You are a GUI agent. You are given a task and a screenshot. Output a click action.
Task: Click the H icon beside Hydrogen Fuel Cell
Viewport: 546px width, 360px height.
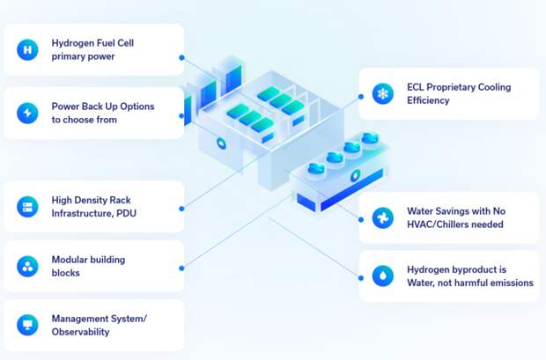[x=27, y=50]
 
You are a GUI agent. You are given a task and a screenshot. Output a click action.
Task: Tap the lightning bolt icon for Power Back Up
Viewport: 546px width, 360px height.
[x=27, y=113]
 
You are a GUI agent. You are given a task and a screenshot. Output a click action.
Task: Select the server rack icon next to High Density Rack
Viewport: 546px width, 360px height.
[x=27, y=207]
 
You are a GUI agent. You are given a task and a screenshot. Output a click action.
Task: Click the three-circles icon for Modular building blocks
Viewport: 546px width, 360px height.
[x=27, y=267]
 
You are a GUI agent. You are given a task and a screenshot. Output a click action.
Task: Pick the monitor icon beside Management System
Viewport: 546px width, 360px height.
[x=27, y=325]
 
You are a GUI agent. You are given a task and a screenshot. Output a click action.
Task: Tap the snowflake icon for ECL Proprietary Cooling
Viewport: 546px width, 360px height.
[x=383, y=93]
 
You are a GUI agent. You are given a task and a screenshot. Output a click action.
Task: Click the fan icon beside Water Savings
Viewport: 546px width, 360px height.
[x=383, y=217]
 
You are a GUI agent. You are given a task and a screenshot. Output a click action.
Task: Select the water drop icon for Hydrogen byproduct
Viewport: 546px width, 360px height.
[x=383, y=276]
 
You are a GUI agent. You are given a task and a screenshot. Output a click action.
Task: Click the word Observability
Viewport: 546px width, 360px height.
[x=80, y=332]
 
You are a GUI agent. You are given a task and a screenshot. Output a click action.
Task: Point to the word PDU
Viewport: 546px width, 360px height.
[x=126, y=213]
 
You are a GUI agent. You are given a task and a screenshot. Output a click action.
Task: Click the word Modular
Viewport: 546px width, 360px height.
[x=70, y=260]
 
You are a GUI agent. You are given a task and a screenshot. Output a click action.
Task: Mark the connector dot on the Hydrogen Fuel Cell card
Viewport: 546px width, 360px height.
[x=181, y=58]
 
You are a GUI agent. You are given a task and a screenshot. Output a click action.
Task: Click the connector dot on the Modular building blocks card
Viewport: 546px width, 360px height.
[x=181, y=268]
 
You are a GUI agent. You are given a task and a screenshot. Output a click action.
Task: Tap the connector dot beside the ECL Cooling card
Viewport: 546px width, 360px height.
[x=361, y=97]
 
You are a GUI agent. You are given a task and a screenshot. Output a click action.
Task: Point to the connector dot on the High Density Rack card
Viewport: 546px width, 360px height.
[x=181, y=209]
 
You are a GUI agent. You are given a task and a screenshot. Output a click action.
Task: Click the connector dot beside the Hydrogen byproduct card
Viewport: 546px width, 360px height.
[x=361, y=278]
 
